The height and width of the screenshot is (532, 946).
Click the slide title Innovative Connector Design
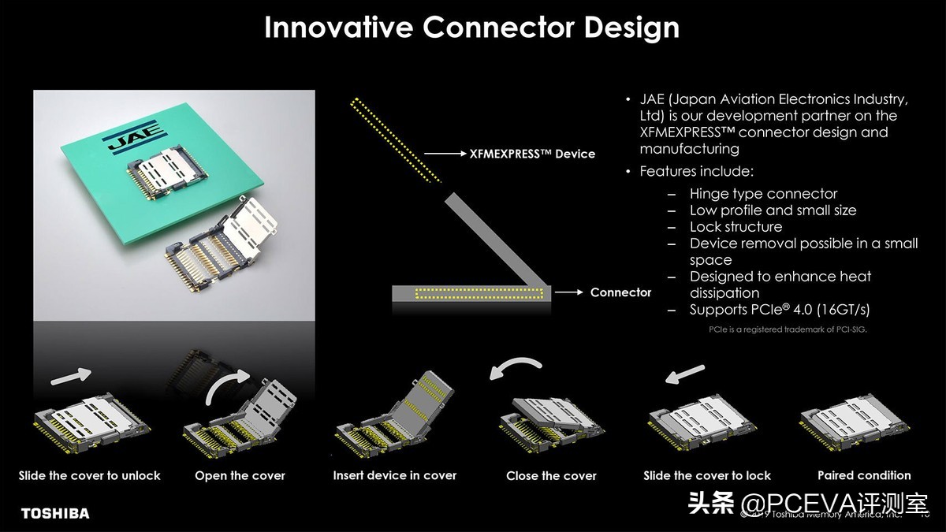coord(471,27)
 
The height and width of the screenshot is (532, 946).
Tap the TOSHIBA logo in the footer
coord(55,514)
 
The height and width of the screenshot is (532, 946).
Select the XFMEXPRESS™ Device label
coord(532,154)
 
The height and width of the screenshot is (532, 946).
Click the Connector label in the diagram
coord(620,292)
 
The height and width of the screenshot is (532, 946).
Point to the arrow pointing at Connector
coord(568,292)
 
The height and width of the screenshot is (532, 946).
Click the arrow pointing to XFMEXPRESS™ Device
coord(444,154)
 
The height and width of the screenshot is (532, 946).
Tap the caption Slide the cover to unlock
coord(89,475)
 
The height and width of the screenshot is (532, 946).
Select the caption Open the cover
coord(240,476)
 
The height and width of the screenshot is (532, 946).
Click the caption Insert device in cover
coord(394,475)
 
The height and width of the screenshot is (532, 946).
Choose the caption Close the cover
coord(551,476)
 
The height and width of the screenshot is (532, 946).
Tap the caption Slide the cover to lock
coord(706,475)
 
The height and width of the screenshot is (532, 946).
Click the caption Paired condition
coord(864,475)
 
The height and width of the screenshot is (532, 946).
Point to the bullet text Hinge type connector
coord(763,194)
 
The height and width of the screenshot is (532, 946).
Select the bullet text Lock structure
coord(736,227)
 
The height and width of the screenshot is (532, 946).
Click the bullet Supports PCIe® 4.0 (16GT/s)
coord(780,310)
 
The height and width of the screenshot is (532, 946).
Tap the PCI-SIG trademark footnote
coord(787,329)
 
